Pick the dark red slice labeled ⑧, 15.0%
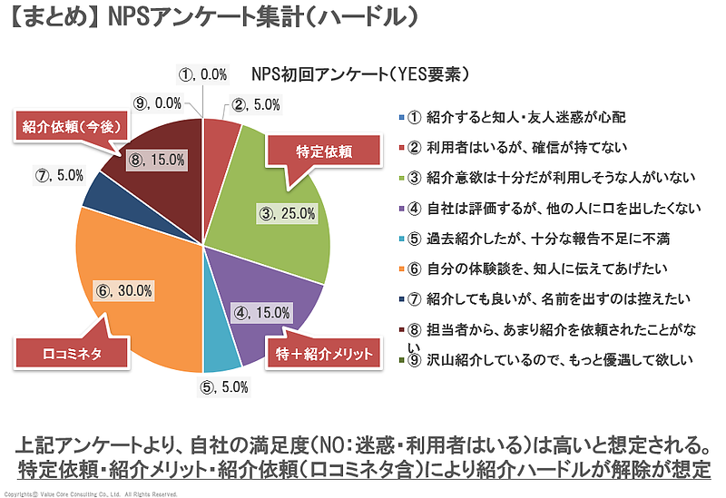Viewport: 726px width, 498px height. (x=159, y=159)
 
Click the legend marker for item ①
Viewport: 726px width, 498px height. (x=401, y=118)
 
